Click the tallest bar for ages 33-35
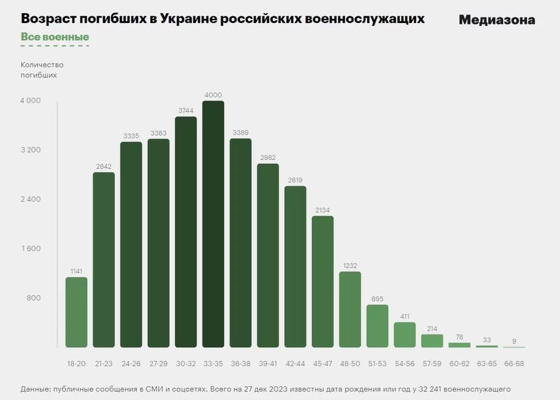tap(213, 224)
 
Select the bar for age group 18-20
tap(76, 312)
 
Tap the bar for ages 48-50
tap(350, 309)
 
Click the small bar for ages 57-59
tap(432, 341)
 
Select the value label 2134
tap(323, 210)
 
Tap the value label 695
tap(378, 299)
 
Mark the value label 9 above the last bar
tap(514, 341)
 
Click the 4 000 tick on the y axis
tap(30, 101)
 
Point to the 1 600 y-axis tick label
tap(30, 248)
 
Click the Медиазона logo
tap(496, 20)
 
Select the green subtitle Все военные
tap(55, 37)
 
